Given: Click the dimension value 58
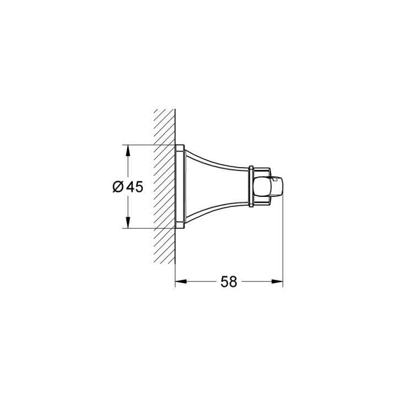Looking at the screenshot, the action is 229,282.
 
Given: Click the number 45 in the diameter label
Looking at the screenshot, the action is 135,187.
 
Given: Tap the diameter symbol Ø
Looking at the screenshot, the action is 118,187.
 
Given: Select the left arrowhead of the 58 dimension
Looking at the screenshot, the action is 181,281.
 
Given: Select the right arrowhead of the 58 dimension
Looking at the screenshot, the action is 277,281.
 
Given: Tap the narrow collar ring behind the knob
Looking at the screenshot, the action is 251,186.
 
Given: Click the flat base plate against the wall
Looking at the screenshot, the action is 180,186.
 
